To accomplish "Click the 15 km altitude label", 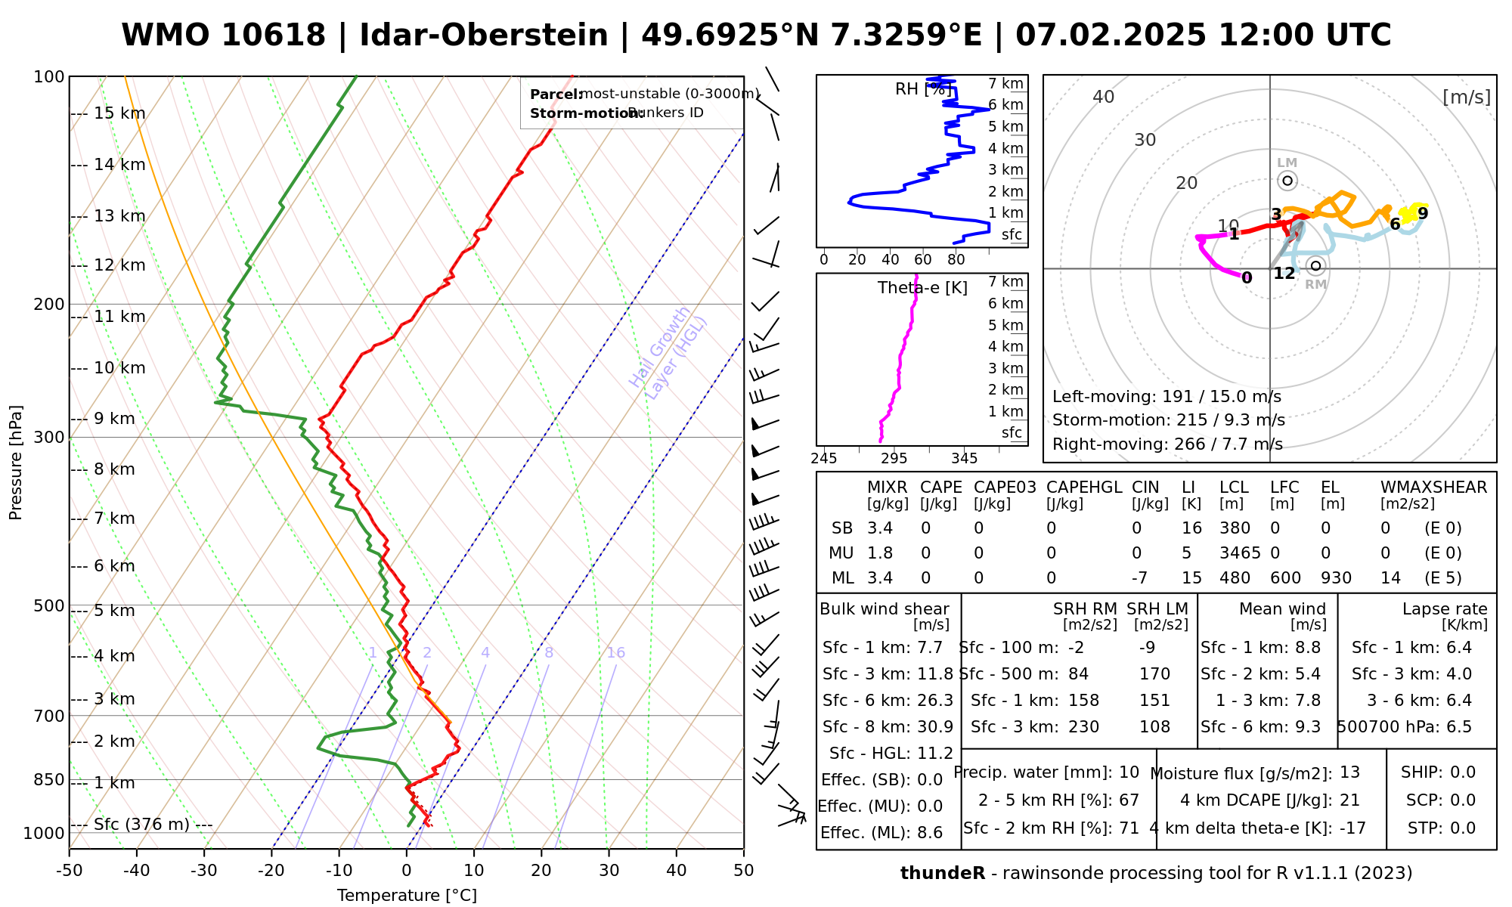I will [x=119, y=113].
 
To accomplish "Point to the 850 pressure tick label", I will [x=48, y=779].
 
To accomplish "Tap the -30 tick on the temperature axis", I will [x=204, y=871].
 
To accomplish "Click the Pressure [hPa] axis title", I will [x=16, y=463].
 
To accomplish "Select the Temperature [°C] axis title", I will [x=407, y=896].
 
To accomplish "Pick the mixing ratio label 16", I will [x=615, y=652].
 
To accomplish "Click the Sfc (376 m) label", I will [x=141, y=824].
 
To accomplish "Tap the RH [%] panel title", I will [x=922, y=89].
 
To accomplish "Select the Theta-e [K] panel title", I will [x=922, y=288].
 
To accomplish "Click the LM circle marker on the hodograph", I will [x=1287, y=181].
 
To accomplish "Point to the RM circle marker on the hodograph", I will [x=1316, y=265].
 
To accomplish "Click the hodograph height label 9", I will [x=1423, y=213].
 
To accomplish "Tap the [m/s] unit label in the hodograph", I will [x=1467, y=97].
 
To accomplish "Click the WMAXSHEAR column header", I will [x=1433, y=488].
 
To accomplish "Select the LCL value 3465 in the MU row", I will [x=1240, y=553].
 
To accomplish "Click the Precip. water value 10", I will [x=1129, y=772].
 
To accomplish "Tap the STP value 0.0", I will [x=1463, y=828].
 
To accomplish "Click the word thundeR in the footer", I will [x=943, y=874].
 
